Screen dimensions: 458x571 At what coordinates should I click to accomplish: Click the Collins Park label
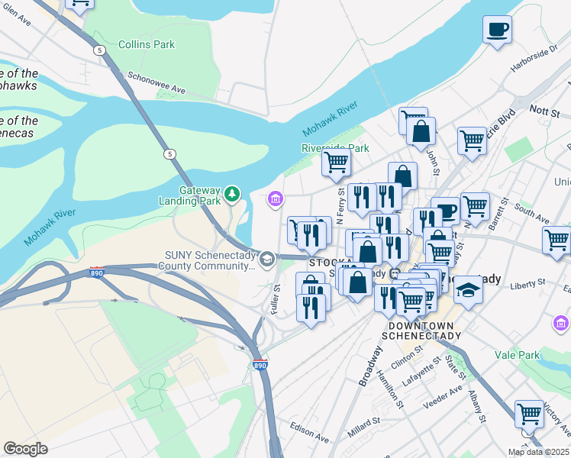click(146, 45)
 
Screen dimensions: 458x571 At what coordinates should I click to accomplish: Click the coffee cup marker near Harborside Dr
click(497, 30)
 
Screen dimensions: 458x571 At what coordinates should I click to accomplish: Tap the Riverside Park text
click(335, 148)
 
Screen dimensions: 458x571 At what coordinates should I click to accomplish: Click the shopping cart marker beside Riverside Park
click(335, 163)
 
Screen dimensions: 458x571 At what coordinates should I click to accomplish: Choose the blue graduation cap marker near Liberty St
click(468, 290)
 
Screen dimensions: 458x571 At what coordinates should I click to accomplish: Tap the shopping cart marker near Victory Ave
click(529, 414)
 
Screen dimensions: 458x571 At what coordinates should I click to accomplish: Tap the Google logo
click(25, 448)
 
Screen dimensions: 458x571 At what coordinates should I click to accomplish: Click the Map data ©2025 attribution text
click(538, 452)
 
